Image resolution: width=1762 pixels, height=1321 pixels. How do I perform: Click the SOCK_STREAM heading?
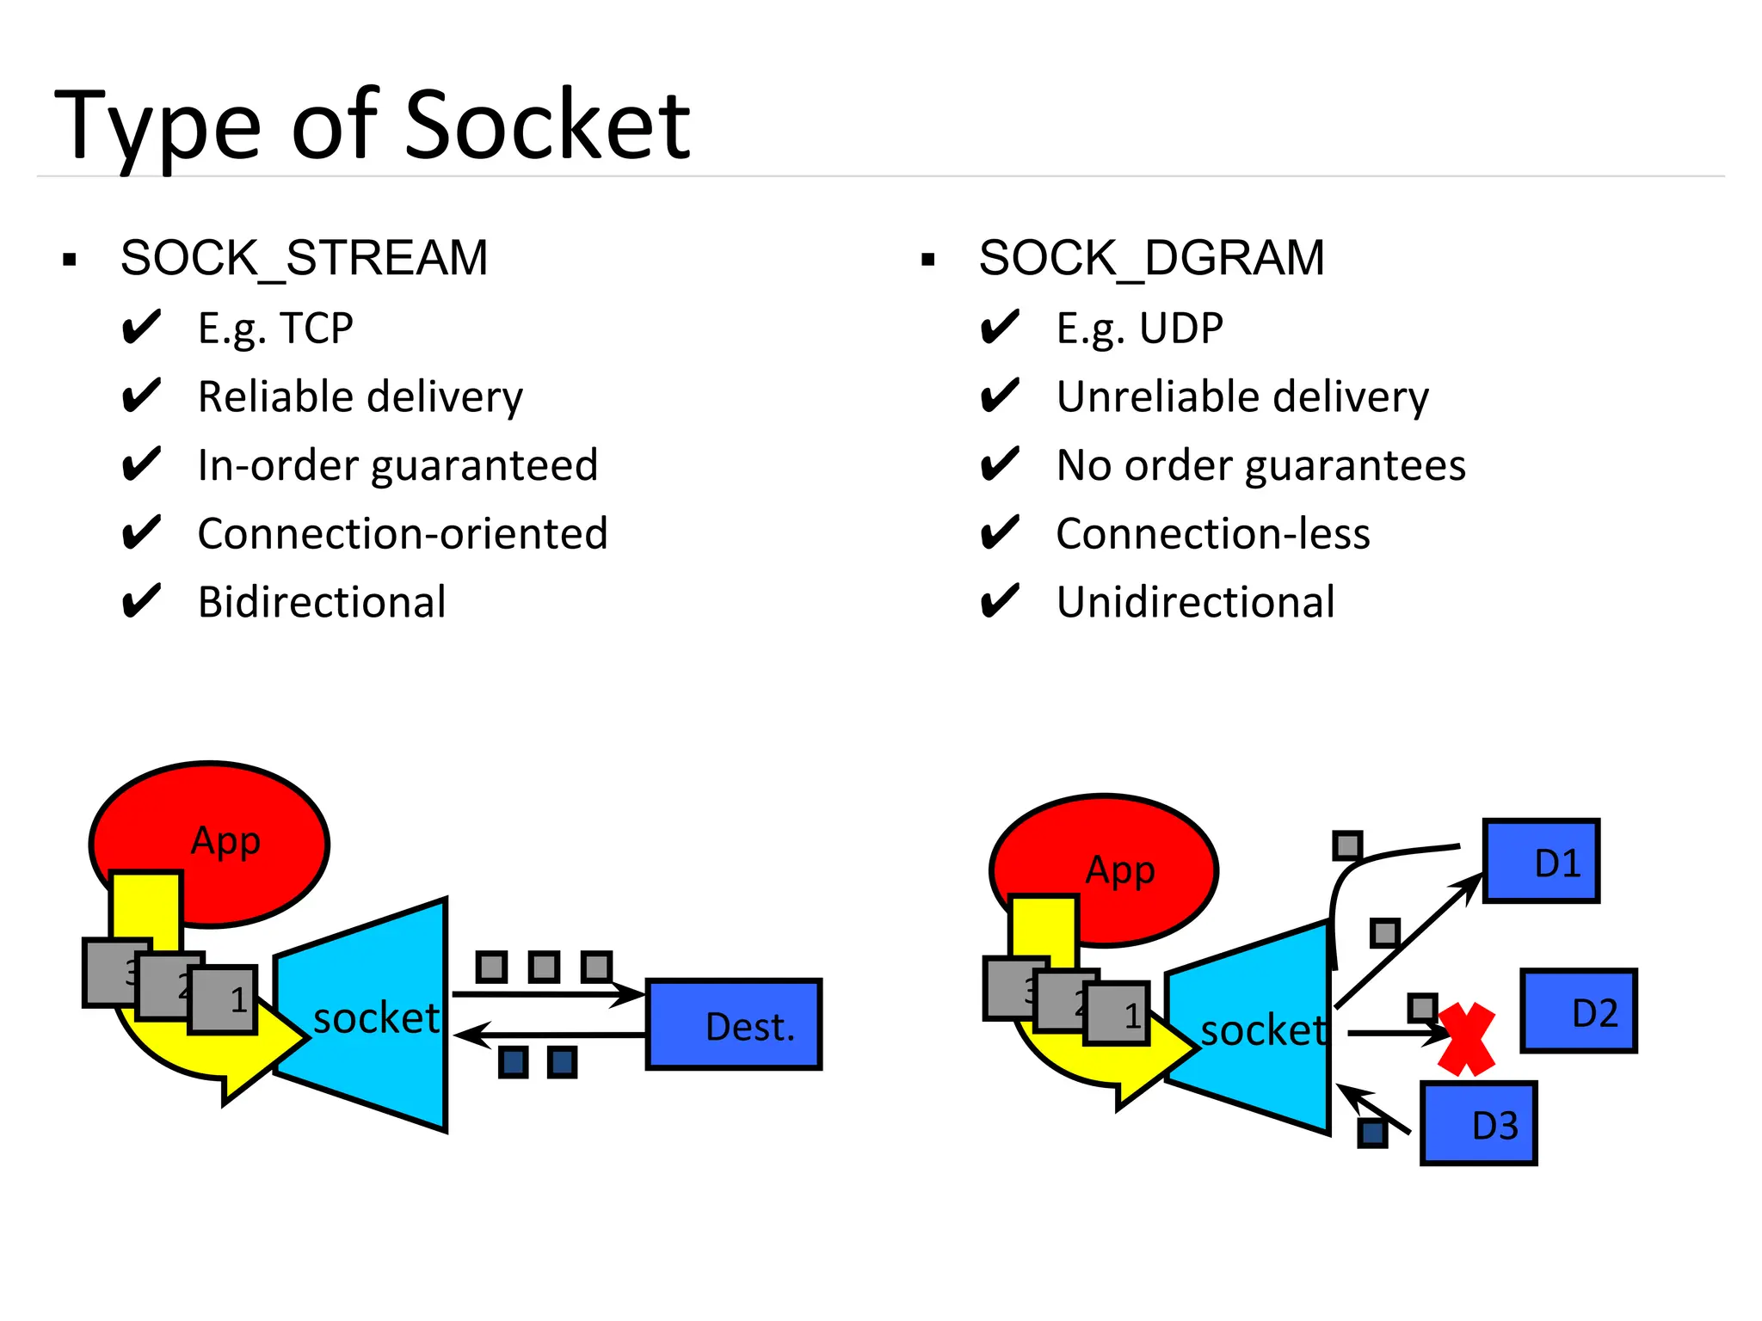click(304, 258)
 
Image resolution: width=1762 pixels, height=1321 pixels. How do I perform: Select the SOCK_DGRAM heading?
click(1151, 258)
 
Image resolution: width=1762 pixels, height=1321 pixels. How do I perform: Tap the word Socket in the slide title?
click(547, 126)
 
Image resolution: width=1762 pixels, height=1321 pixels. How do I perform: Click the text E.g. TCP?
click(275, 329)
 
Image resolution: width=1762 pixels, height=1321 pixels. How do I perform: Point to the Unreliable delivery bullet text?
click(1242, 397)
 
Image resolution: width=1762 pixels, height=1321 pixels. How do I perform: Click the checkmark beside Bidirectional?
click(140, 601)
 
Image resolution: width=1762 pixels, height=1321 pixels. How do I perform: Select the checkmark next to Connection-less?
click(999, 533)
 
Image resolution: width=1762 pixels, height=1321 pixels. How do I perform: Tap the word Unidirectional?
click(1195, 602)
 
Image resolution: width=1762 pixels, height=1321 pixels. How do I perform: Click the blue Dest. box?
click(734, 1024)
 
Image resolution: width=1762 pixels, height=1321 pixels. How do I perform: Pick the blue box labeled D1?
click(1541, 861)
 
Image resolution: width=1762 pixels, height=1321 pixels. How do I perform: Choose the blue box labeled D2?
click(1579, 1011)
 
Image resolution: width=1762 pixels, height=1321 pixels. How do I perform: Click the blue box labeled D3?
click(1478, 1123)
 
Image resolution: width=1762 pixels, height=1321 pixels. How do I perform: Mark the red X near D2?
click(1466, 1039)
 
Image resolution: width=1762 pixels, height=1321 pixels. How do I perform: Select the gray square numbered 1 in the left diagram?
click(224, 999)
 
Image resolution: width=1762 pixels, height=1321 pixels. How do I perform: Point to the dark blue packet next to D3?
click(1372, 1133)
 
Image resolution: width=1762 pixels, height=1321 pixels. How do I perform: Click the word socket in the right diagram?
click(1263, 1030)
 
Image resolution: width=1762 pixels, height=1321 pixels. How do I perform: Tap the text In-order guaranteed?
click(397, 465)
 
